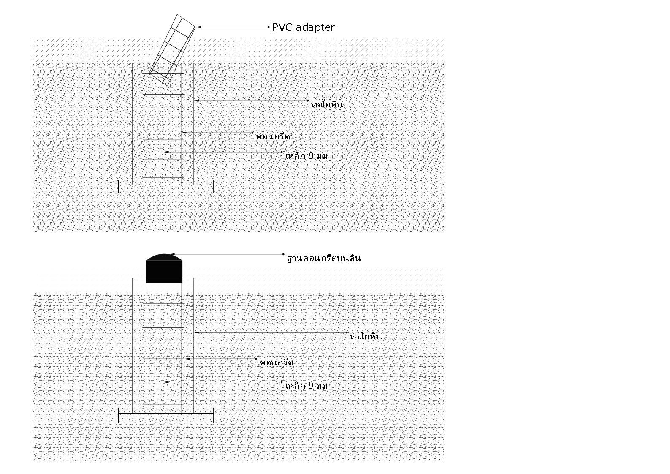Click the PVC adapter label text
click(x=303, y=27)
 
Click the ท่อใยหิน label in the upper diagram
click(x=327, y=104)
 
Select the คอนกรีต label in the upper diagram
click(x=273, y=136)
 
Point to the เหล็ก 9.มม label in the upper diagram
click(x=307, y=156)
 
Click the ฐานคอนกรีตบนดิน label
click(x=324, y=258)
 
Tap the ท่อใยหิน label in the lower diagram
click(x=366, y=336)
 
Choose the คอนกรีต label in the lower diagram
click(x=277, y=362)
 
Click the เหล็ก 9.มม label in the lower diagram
click(x=307, y=386)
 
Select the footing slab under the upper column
click(x=165, y=188)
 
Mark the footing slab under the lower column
click(x=165, y=418)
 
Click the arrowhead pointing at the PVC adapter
click(x=198, y=27)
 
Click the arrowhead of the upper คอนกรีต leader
click(x=184, y=133)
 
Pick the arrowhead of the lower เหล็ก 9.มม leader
click(x=167, y=382)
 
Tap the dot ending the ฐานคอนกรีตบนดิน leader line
click(x=284, y=254)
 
